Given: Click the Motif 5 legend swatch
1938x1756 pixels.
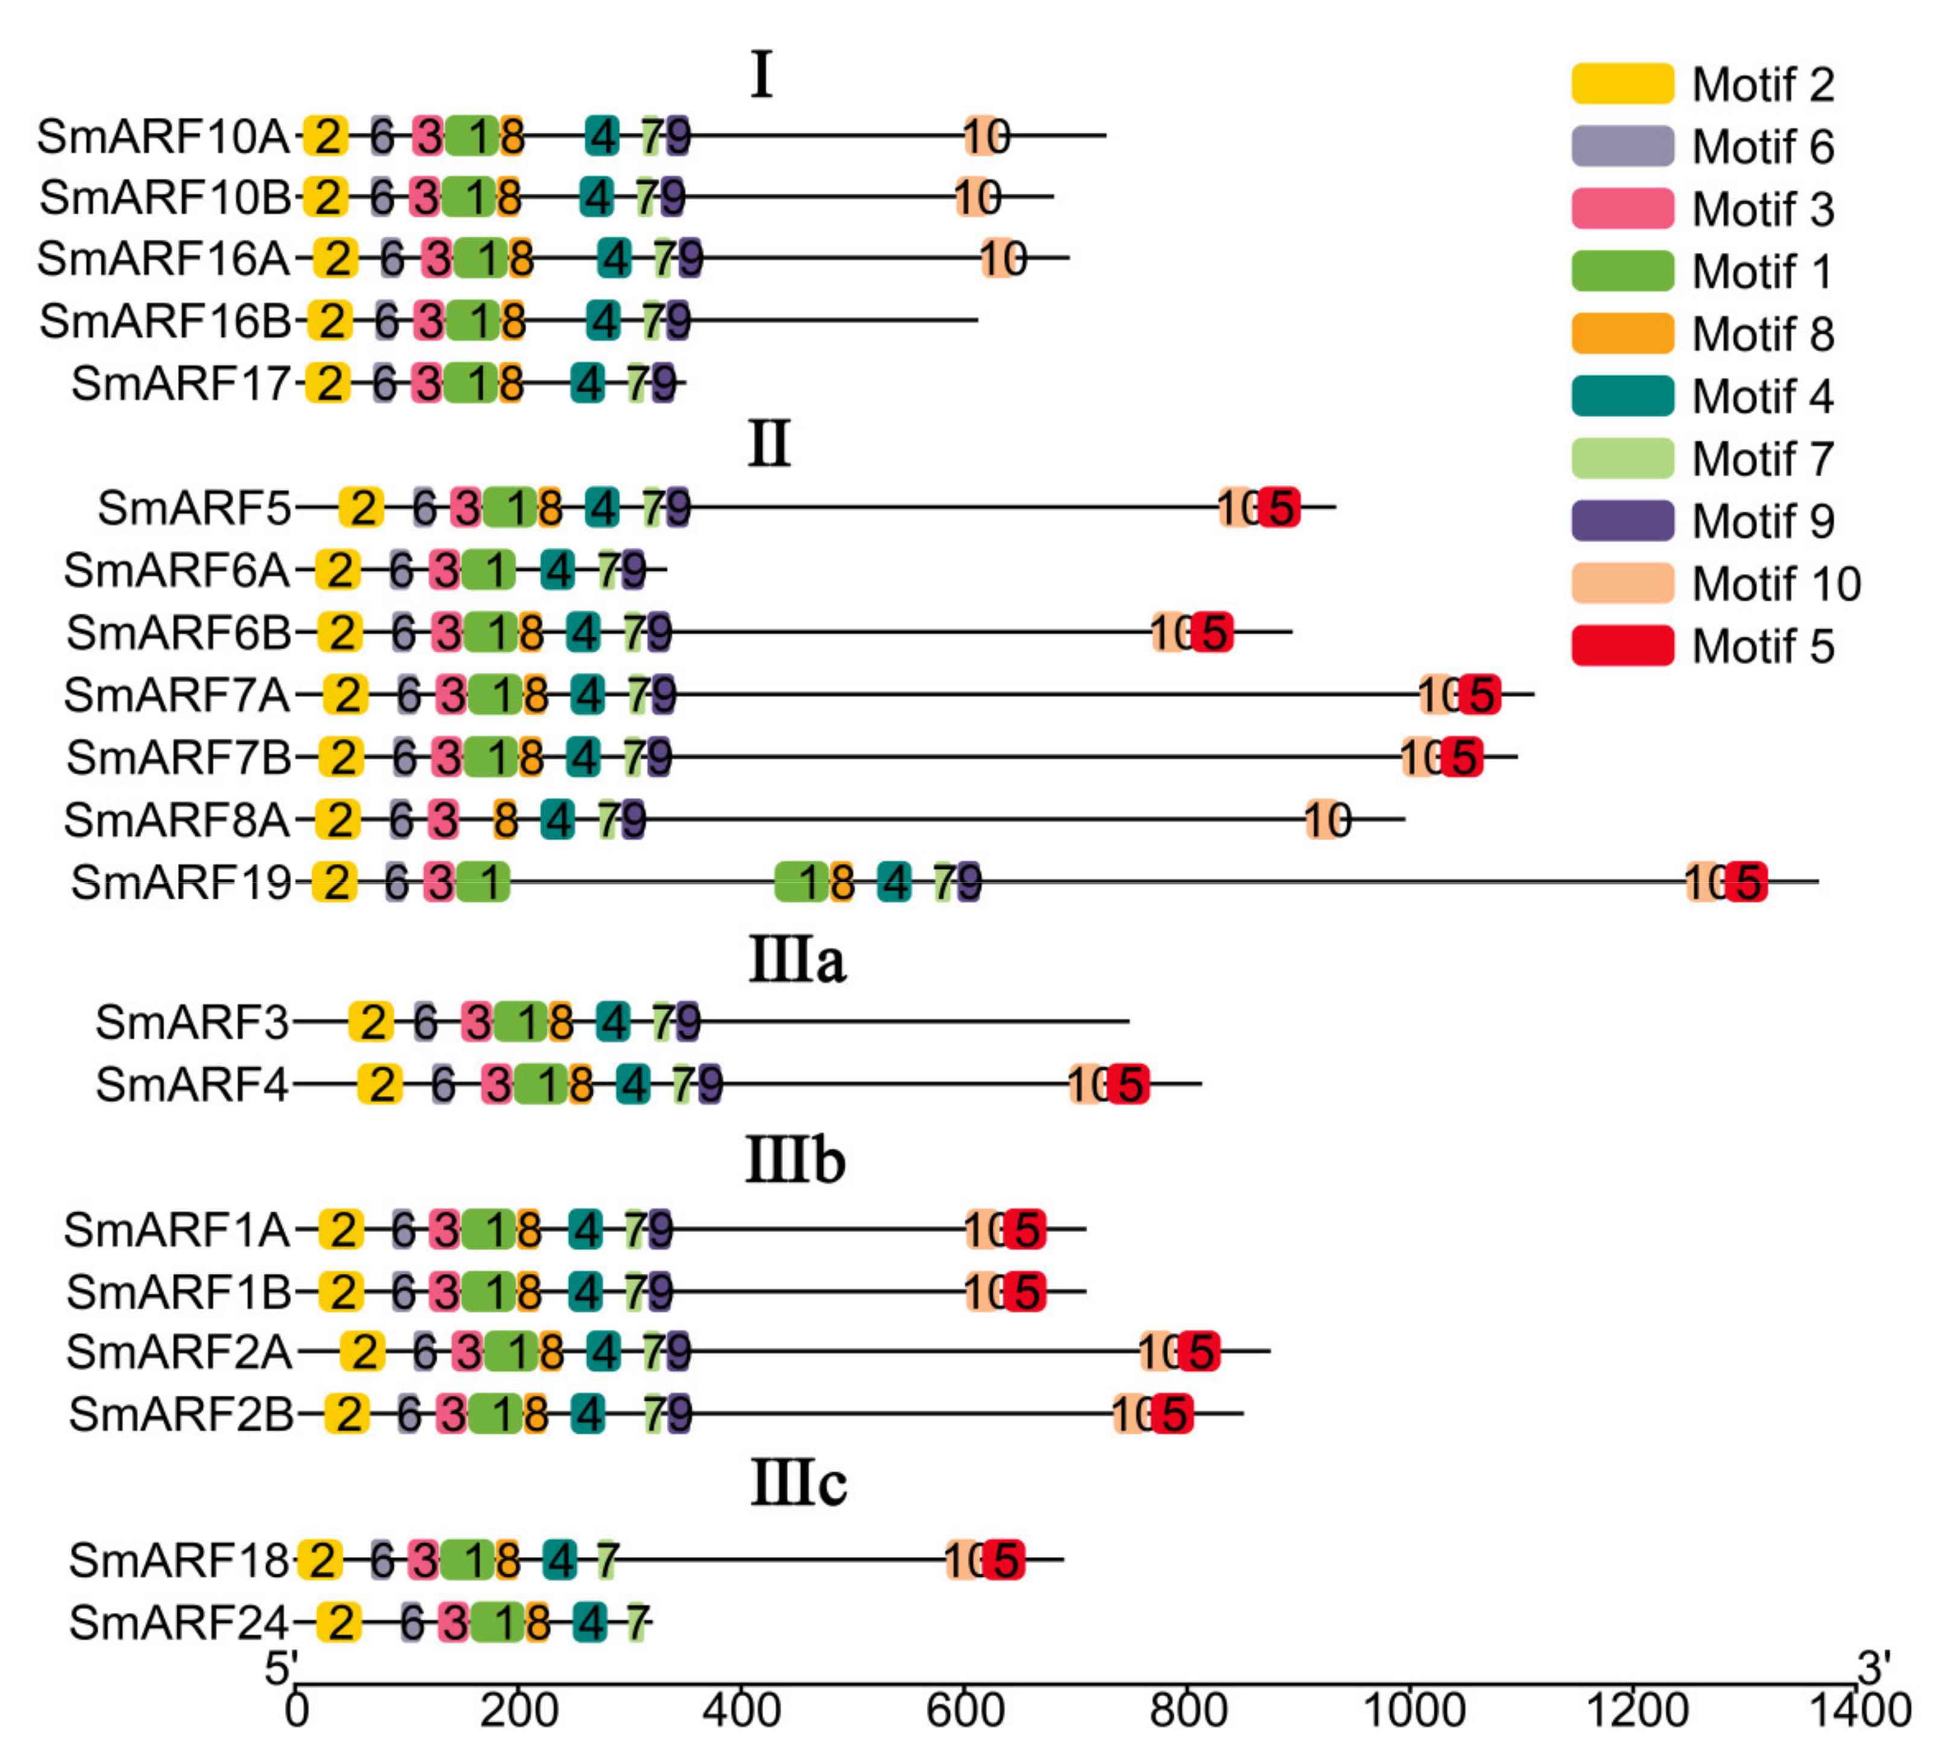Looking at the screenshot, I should pyautogui.click(x=1622, y=645).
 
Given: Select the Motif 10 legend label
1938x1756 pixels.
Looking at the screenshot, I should pyautogui.click(x=1776, y=584).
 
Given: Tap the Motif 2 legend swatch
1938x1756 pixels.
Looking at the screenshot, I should pyautogui.click(x=1622, y=84).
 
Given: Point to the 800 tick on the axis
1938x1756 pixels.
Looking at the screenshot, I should pyautogui.click(x=1188, y=1684).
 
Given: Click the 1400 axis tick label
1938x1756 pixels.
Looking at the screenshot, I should pyautogui.click(x=1859, y=1711).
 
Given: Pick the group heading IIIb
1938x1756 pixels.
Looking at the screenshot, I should pyautogui.click(x=796, y=1161).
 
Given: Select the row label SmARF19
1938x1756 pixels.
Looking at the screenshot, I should pyautogui.click(x=181, y=882).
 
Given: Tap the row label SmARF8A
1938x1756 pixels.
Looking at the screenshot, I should pyautogui.click(x=177, y=820).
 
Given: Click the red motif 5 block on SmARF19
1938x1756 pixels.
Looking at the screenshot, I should pyautogui.click(x=1746, y=882).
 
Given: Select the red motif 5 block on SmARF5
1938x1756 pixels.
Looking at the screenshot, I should pyautogui.click(x=1280, y=507).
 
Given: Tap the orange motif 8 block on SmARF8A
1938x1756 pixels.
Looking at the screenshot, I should pyautogui.click(x=504, y=820).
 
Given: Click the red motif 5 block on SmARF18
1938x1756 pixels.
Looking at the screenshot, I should pyautogui.click(x=1005, y=1560).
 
